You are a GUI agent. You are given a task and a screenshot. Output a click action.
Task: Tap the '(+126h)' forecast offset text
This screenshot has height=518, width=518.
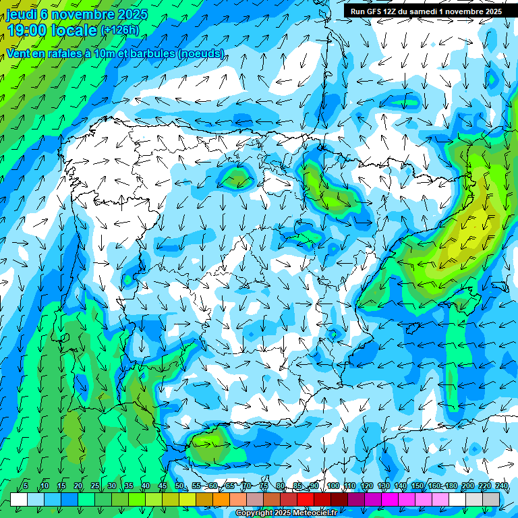pos(120,30)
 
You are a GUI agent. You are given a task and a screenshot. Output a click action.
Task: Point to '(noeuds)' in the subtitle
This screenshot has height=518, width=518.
pos(200,53)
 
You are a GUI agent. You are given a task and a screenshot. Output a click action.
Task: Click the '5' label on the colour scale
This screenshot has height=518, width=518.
pos(26,486)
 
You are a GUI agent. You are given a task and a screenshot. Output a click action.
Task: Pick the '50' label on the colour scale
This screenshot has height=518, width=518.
pos(179,486)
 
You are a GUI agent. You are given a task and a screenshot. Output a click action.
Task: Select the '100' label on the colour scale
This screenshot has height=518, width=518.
pos(333,486)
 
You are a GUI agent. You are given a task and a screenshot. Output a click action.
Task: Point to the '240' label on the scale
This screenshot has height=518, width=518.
pos(501,486)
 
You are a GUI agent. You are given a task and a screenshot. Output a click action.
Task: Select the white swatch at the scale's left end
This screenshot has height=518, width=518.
pos(19,498)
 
